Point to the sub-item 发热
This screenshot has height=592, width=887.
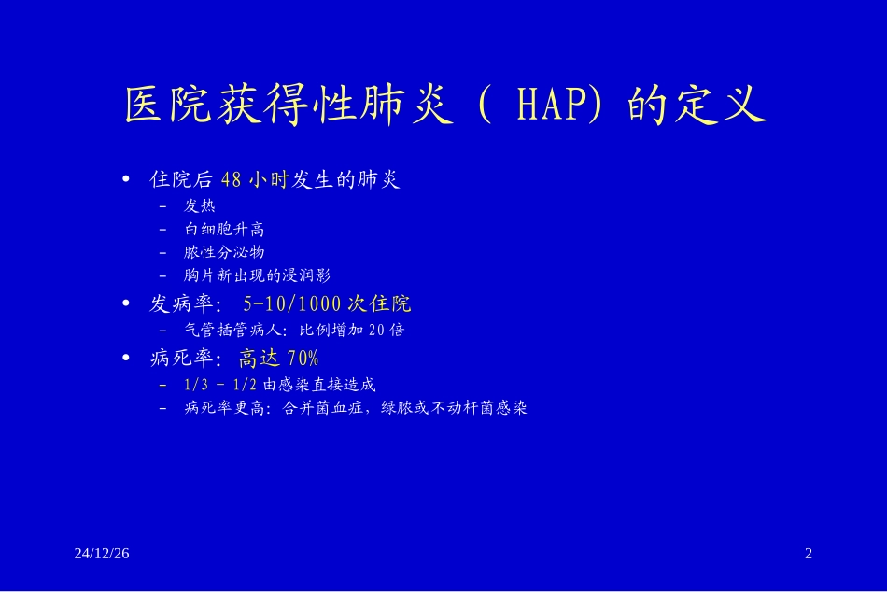coord(200,205)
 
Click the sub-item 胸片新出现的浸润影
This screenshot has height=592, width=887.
coord(258,275)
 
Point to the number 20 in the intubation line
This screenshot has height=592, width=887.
coord(377,330)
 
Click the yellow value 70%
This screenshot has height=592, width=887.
coord(303,359)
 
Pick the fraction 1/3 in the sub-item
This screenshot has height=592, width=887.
coord(195,384)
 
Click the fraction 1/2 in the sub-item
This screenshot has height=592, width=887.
coord(246,384)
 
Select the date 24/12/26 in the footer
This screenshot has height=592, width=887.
coord(102,554)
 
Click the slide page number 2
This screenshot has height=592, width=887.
coord(809,554)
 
